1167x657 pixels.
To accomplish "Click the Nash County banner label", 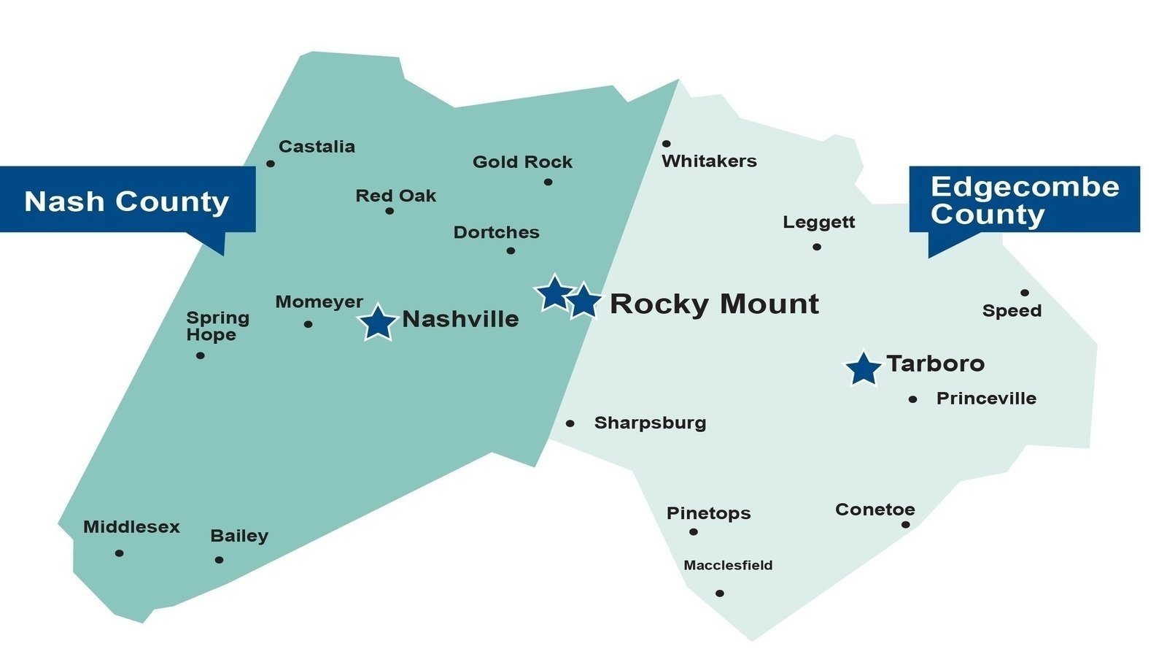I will click(x=127, y=201).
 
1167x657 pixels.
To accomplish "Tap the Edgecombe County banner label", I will click(x=1024, y=200).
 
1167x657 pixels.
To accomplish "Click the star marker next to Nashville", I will click(x=378, y=323).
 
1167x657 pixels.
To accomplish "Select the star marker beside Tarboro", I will click(x=864, y=369).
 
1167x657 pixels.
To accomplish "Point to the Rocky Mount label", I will click(x=714, y=304).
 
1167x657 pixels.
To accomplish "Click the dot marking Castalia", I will click(x=271, y=164).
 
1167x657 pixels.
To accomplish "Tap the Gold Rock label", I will click(x=522, y=162).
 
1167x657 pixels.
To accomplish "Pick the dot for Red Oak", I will click(x=389, y=211).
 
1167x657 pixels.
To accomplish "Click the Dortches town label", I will click(x=496, y=232).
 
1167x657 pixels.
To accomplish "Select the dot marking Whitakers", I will click(x=666, y=144).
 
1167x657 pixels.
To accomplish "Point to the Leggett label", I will click(x=818, y=222).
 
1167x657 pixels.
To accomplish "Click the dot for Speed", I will click(x=1025, y=293).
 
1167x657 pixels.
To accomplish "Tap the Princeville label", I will click(x=986, y=399).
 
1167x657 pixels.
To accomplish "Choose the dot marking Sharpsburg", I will click(x=570, y=423).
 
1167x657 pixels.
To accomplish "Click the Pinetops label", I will click(x=708, y=513).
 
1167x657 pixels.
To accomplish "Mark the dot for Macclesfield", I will click(x=720, y=593).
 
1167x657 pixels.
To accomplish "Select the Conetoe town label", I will click(x=875, y=510).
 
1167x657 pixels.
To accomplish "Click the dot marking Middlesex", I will click(x=120, y=553).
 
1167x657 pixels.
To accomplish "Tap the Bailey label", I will click(x=239, y=536).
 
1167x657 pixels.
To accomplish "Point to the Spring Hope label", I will click(x=217, y=326).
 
